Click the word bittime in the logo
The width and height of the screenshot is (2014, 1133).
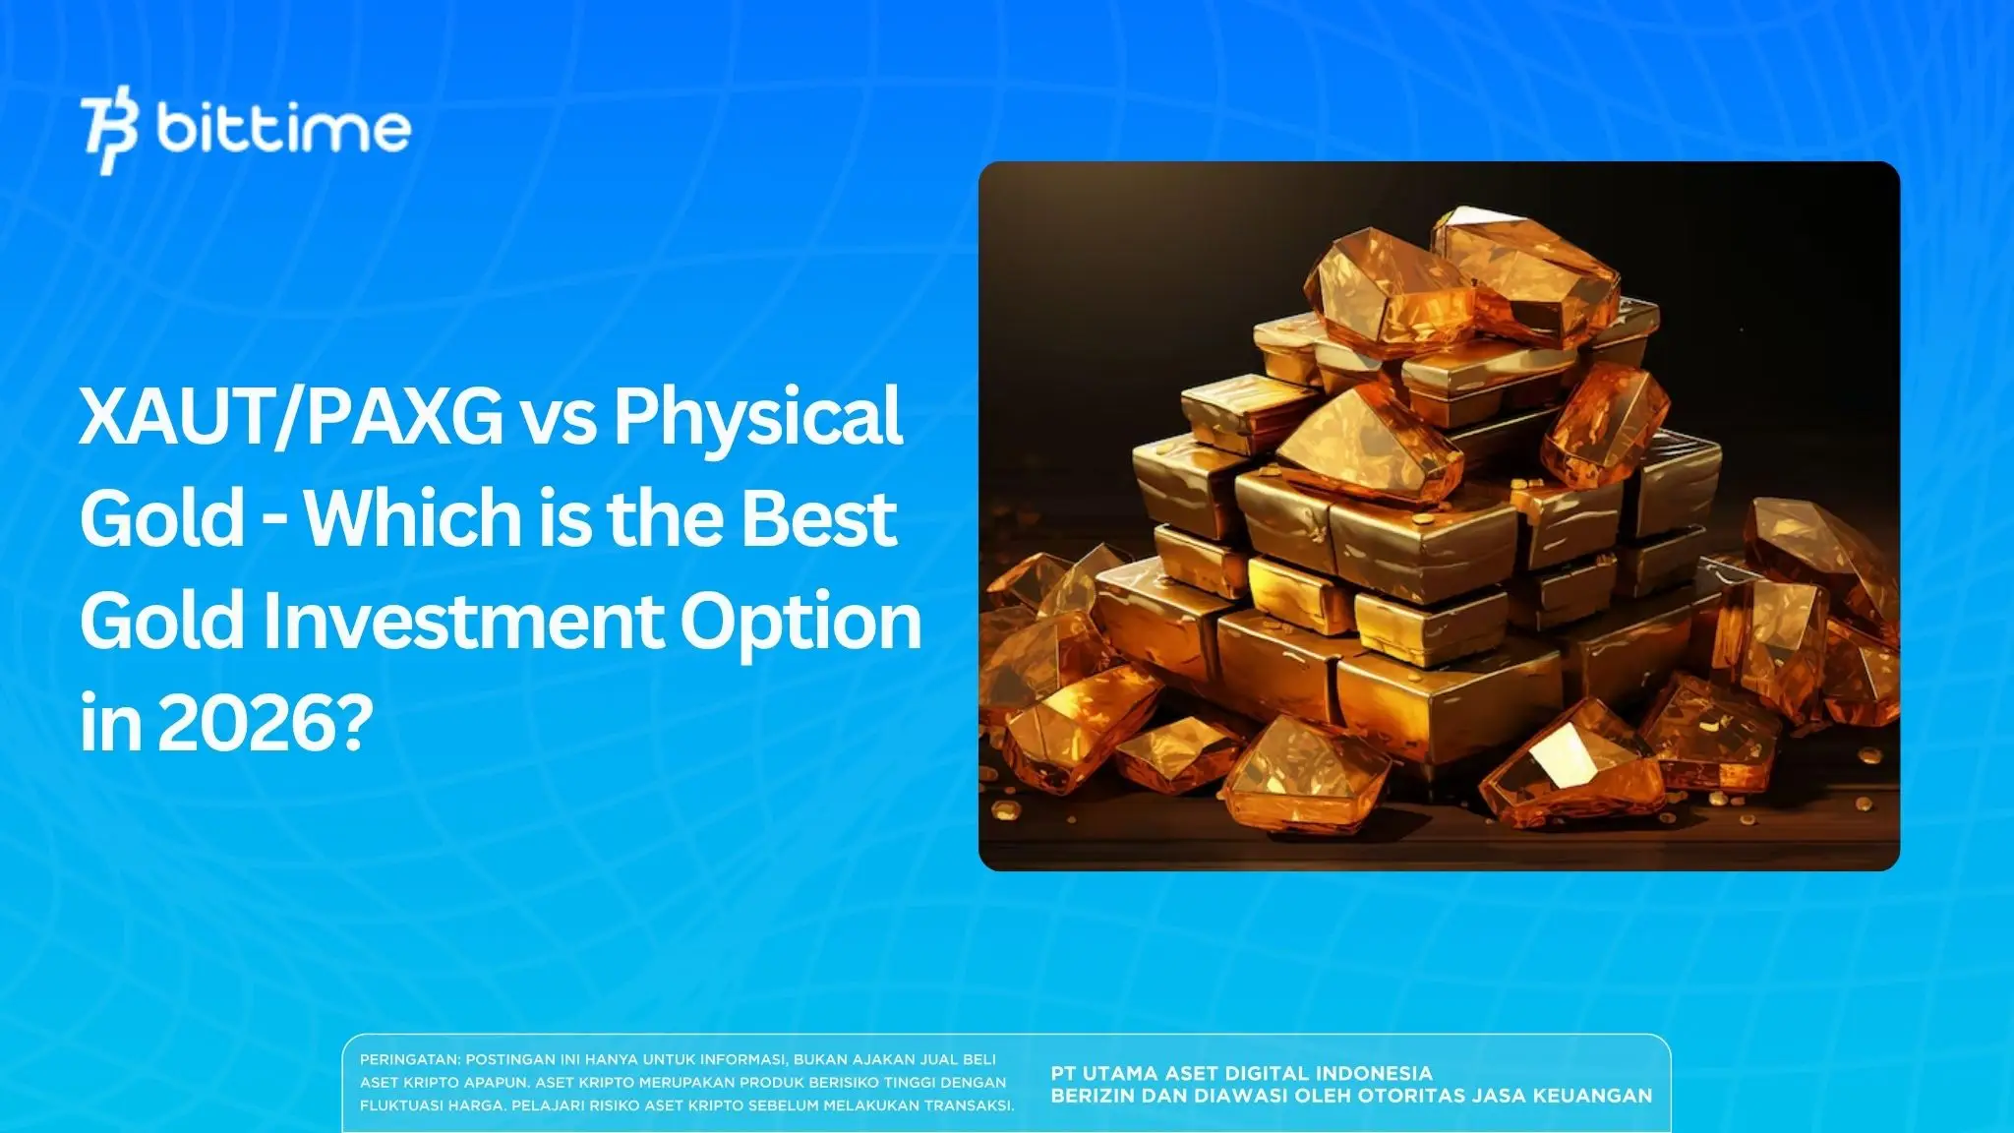(283, 129)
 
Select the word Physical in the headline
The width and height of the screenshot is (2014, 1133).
(757, 416)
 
